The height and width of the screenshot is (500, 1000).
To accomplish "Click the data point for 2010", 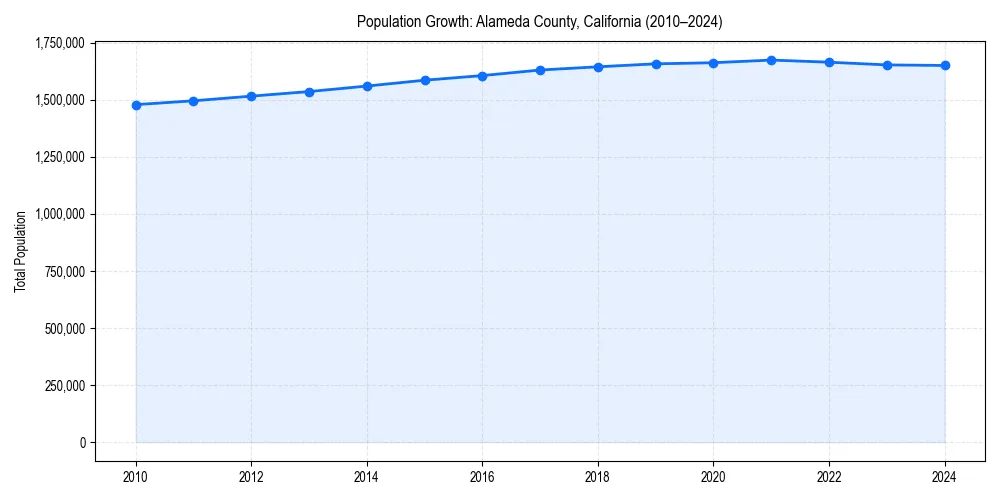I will pos(136,105).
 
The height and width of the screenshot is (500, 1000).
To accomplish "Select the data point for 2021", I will pos(771,60).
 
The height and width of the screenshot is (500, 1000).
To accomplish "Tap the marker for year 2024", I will pos(945,66).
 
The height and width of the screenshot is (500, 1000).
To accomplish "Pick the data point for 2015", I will pos(425,80).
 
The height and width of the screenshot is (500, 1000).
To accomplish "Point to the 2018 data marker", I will pos(598,67).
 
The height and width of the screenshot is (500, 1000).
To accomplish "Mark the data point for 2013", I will pos(309,92).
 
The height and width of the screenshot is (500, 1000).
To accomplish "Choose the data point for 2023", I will pos(887,65).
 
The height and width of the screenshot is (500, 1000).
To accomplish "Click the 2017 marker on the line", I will pos(540,70).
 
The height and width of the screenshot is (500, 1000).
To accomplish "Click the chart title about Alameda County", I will pos(539,22).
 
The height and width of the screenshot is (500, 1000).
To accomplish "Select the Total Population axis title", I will pos(20,251).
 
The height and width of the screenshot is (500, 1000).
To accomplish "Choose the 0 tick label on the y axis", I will pos(83,443).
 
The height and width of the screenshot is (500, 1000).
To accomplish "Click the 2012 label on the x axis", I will pos(251,477).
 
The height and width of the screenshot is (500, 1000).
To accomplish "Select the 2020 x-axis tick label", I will pos(713,477).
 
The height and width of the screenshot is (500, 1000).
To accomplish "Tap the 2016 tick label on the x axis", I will pos(482,477).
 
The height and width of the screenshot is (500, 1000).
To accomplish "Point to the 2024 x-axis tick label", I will pos(945,477).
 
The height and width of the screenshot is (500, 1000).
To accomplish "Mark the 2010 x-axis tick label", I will pos(136,477).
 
